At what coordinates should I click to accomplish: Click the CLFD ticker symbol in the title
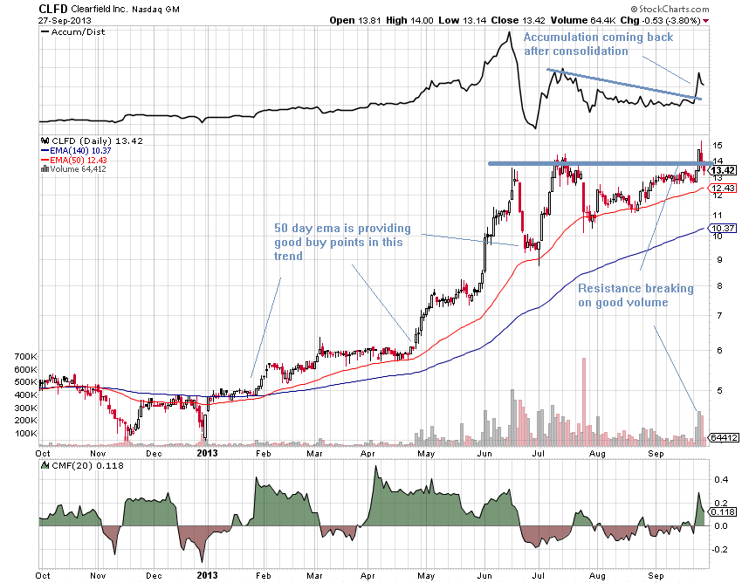click(53, 8)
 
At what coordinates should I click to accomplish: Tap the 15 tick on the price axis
click(717, 145)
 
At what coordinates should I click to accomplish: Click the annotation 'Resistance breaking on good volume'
click(635, 295)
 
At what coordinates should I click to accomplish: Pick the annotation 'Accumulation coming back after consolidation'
click(584, 44)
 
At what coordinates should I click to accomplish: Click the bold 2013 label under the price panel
click(206, 453)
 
